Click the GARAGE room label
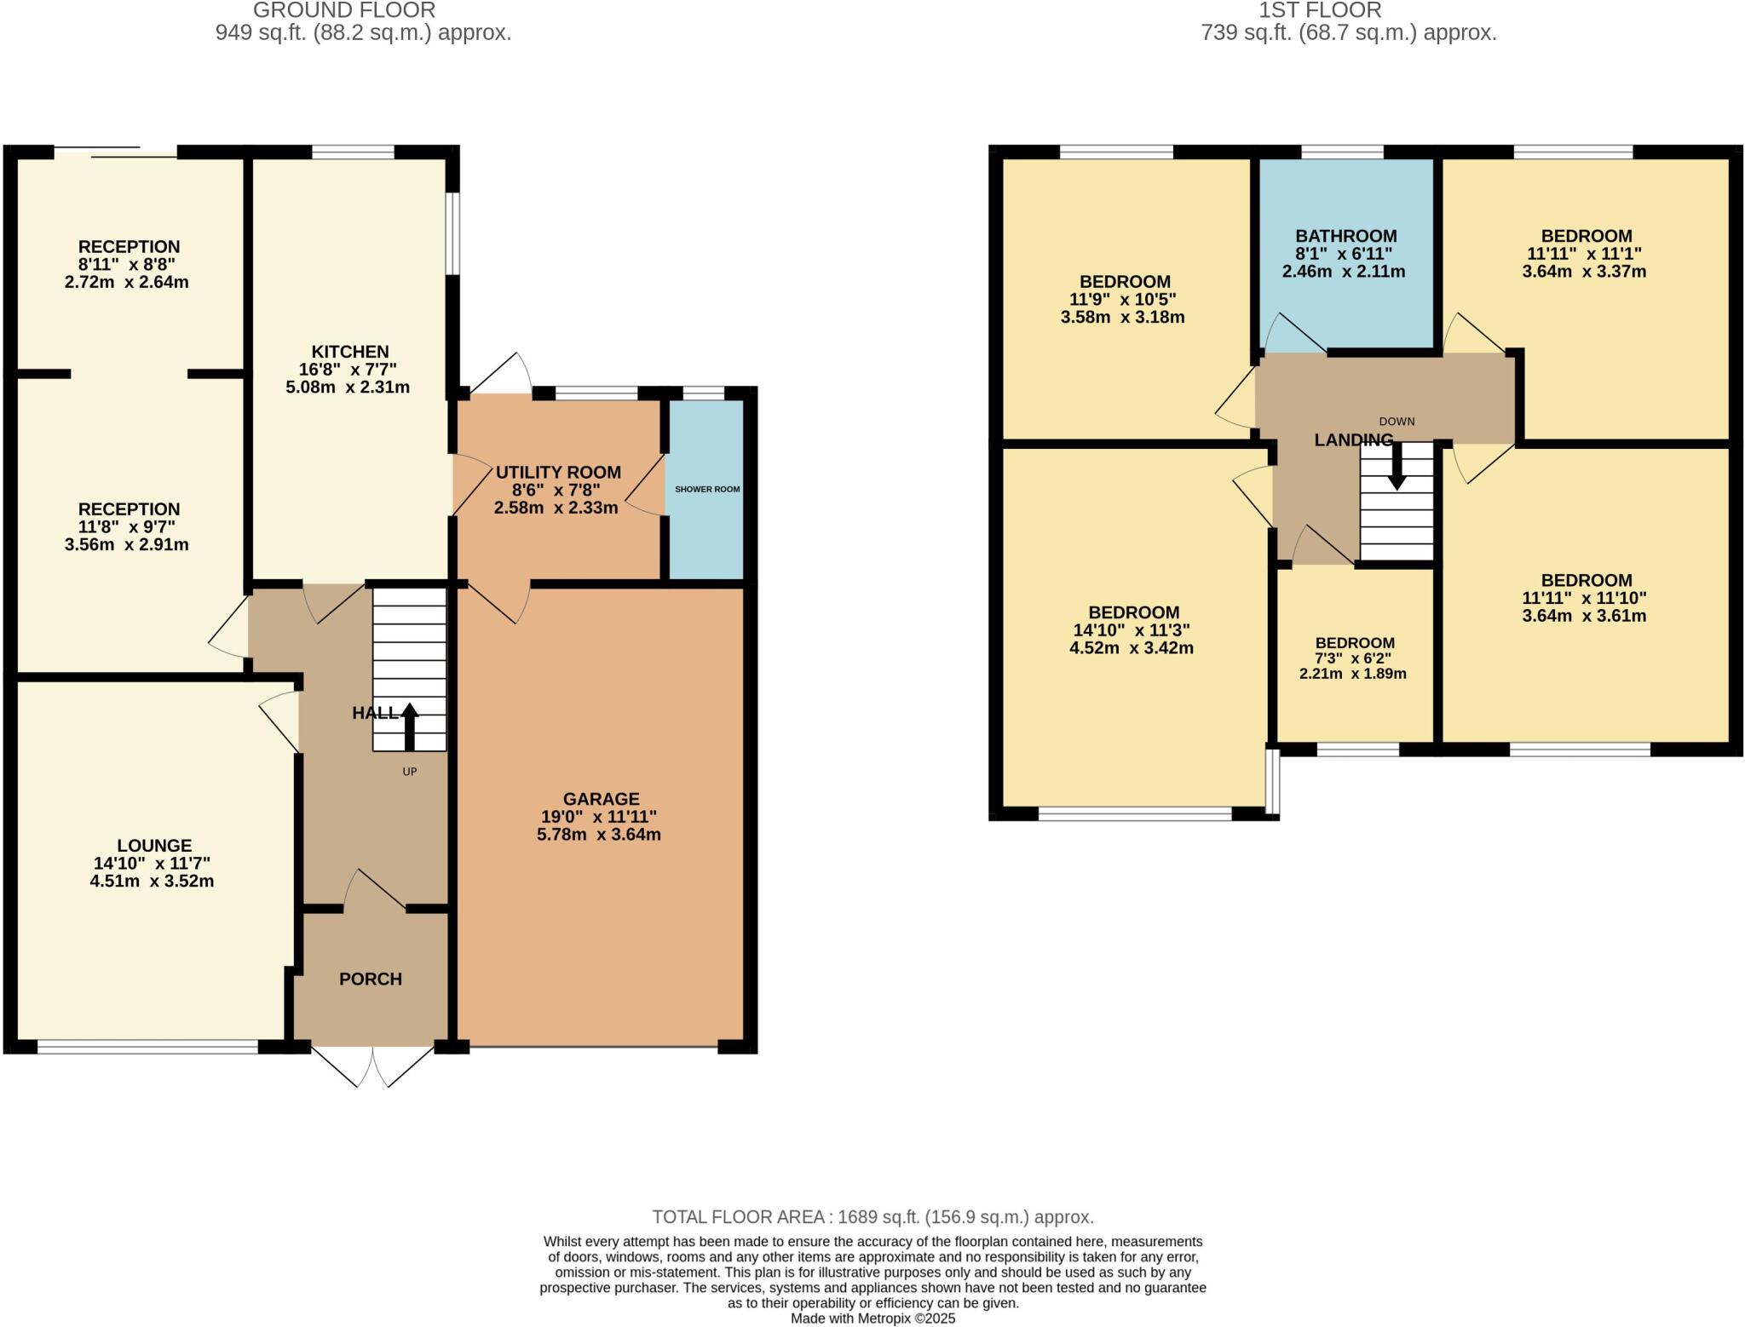tap(601, 799)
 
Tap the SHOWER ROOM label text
tap(707, 490)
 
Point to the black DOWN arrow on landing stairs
tap(1397, 471)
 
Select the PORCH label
tap(370, 979)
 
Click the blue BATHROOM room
tap(1346, 307)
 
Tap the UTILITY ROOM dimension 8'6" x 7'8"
tap(556, 490)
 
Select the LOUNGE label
tap(154, 846)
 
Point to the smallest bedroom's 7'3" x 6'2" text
tap(1354, 658)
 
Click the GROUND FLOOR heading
tap(344, 10)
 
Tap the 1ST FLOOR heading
tap(1320, 10)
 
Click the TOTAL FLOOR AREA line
tap(872, 1216)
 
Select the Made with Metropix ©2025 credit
tap(872, 1318)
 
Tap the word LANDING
tap(1353, 440)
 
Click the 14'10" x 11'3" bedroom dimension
tap(1132, 630)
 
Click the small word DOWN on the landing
tap(1397, 422)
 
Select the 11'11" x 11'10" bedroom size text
tap(1584, 598)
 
